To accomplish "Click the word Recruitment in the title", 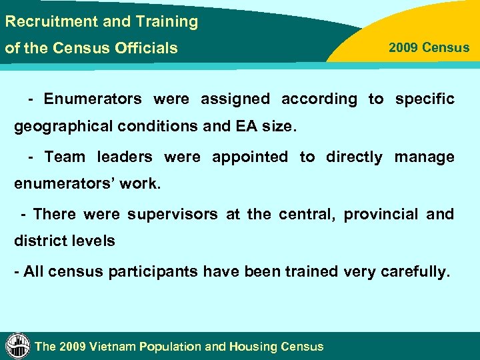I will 51,21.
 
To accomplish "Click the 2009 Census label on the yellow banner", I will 429,48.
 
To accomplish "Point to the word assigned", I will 235,99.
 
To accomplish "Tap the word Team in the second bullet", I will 65,157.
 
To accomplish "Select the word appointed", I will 250,157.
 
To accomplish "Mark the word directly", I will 354,157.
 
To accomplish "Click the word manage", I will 424,157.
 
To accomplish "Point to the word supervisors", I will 172,215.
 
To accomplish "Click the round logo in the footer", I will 17,345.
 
